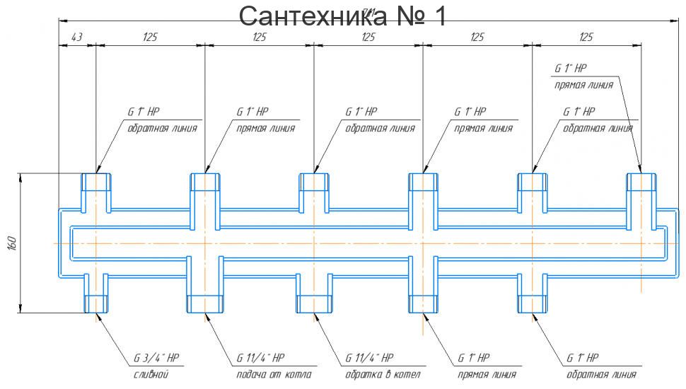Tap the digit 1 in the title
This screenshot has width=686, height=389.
pyautogui.click(x=439, y=16)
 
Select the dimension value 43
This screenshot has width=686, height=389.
pyautogui.click(x=76, y=37)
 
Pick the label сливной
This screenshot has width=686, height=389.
pyautogui.click(x=151, y=374)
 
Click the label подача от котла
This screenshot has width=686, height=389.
pyautogui.click(x=274, y=374)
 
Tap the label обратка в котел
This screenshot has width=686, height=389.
pyautogui.click(x=383, y=374)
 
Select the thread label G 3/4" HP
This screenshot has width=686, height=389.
pyautogui.click(x=158, y=358)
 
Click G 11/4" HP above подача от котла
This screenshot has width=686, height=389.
pyautogui.click(x=260, y=358)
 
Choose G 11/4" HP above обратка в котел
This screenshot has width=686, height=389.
pyautogui.click(x=369, y=358)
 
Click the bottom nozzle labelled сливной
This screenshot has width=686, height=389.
pyautogui.click(x=95, y=293)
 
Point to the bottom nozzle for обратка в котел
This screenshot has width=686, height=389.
pyautogui.click(x=313, y=293)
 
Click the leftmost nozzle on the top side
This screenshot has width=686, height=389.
pyautogui.click(x=95, y=191)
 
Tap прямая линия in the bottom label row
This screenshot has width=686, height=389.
pyautogui.click(x=487, y=374)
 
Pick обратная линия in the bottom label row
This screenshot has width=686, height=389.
pyautogui.click(x=601, y=374)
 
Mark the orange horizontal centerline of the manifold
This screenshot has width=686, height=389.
pyautogui.click(x=368, y=243)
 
